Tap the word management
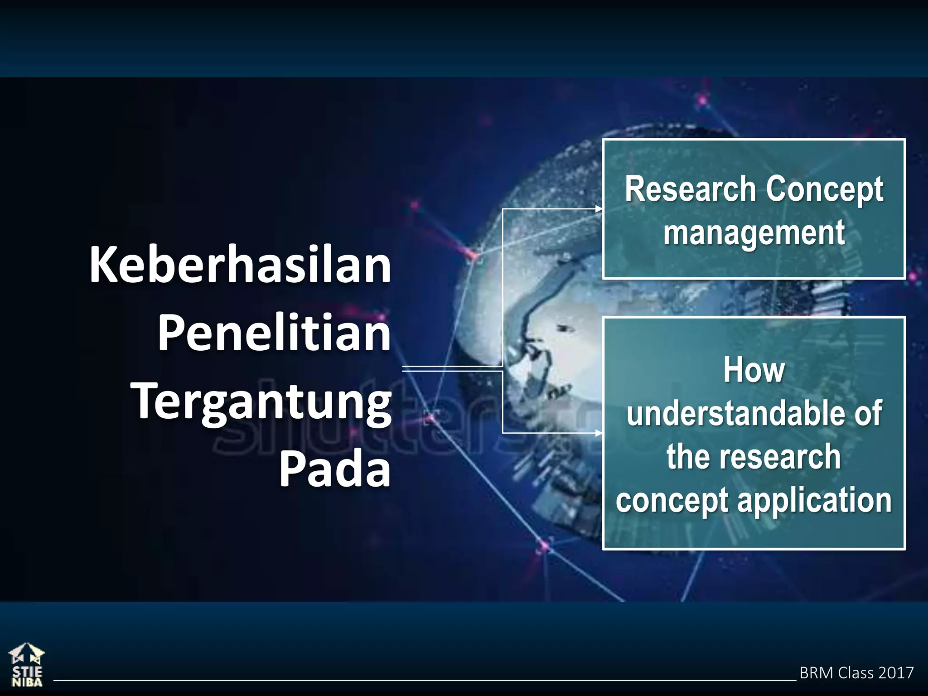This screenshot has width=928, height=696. [754, 232]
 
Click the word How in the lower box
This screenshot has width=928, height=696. [754, 370]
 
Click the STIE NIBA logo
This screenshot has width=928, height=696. [27, 664]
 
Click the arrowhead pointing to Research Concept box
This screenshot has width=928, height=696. [599, 209]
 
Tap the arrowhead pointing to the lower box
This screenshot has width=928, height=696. [599, 433]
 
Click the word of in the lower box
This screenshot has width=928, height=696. [868, 413]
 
